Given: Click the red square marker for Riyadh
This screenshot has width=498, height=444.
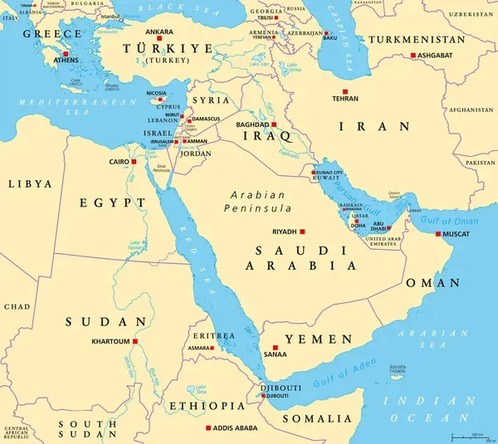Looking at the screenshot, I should pyautogui.click(x=303, y=232).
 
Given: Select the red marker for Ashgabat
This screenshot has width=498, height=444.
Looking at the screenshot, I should pyautogui.click(x=413, y=56).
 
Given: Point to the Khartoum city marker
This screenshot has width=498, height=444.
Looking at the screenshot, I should pyautogui.click(x=135, y=341).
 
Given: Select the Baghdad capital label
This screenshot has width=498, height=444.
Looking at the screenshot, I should pyautogui.click(x=252, y=124).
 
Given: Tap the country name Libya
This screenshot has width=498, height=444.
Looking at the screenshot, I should pyautogui.click(x=28, y=183).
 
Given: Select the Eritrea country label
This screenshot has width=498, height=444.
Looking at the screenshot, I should pyautogui.click(x=215, y=334).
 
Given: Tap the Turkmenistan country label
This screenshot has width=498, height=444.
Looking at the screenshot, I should pyautogui.click(x=428, y=39).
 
